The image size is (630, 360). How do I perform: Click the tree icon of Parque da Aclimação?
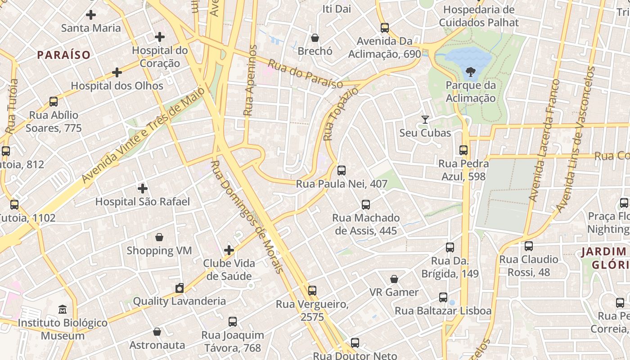(x=470, y=71)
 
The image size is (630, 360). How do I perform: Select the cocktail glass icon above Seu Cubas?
(x=425, y=119)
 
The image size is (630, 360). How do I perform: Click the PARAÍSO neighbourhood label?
(x=64, y=55)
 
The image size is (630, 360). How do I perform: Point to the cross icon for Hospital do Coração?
(x=159, y=37)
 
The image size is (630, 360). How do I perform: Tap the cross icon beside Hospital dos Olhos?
(x=117, y=72)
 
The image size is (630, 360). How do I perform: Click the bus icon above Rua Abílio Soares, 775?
(x=54, y=102)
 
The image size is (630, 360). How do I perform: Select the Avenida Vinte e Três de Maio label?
(x=143, y=135)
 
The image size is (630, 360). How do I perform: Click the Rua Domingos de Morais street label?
(x=247, y=217)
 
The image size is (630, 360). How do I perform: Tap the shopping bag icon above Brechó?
(x=315, y=38)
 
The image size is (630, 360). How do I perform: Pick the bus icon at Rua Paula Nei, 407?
(x=342, y=171)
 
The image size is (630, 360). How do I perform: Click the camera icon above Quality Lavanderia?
(x=180, y=288)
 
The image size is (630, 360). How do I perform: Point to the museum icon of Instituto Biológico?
(x=63, y=310)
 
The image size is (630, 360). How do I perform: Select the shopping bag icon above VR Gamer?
(x=394, y=279)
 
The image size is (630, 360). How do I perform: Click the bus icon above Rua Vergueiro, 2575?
(x=312, y=291)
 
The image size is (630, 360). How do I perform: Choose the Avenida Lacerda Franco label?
(x=544, y=139)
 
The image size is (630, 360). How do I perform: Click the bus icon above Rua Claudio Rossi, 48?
(x=529, y=246)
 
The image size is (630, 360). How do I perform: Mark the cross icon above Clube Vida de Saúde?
(x=229, y=250)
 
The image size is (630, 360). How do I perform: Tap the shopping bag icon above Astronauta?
(x=157, y=332)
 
